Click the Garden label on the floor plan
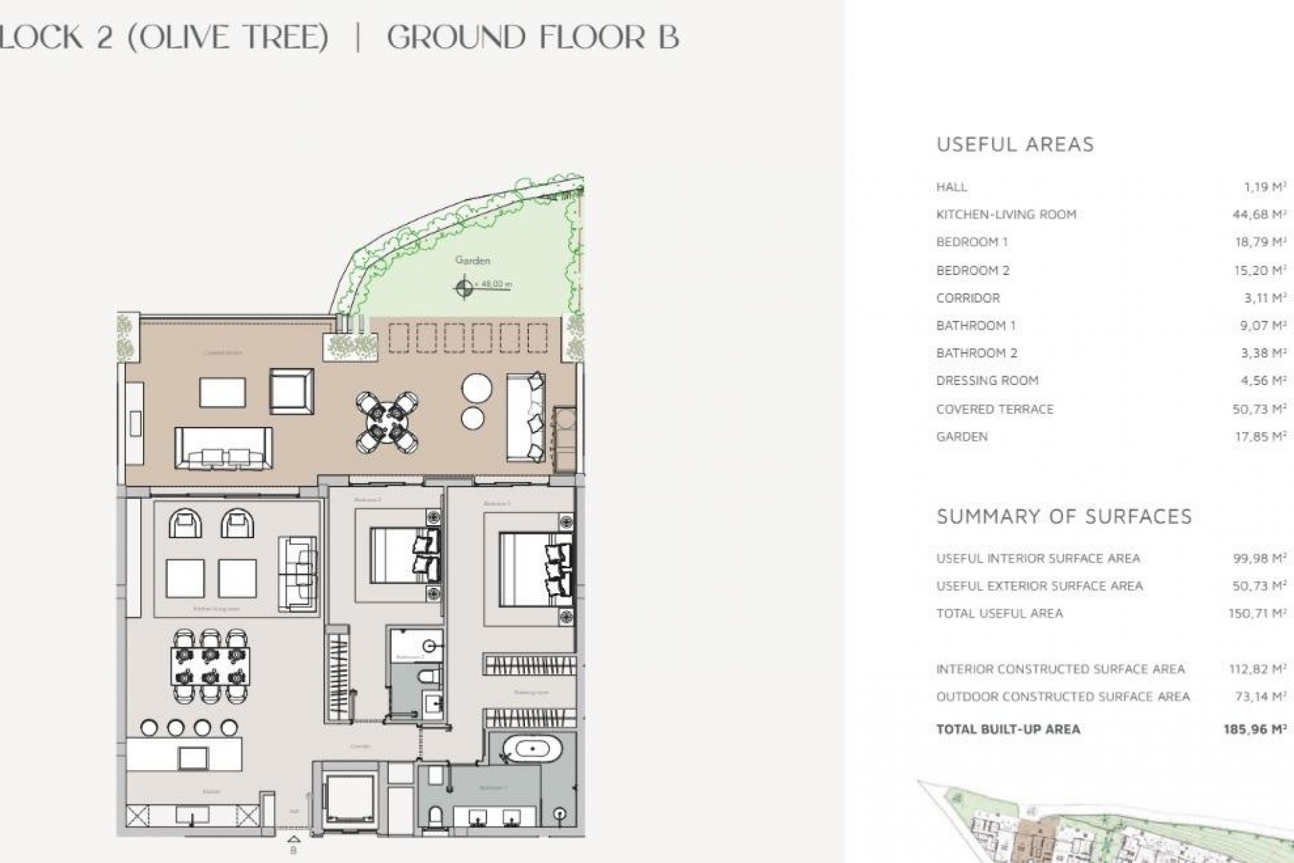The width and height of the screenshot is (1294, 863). (472, 260)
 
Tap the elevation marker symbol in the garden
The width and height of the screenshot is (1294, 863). (464, 288)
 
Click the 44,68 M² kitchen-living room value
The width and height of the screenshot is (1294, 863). (1258, 215)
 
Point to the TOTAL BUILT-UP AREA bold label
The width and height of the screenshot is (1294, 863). (1008, 729)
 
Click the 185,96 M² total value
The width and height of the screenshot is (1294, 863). (1258, 729)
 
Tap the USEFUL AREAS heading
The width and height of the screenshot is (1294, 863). (1015, 144)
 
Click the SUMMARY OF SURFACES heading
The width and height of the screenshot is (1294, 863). (1064, 516)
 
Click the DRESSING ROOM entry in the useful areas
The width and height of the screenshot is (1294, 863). (987, 381)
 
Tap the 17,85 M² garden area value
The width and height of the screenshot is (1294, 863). (1258, 437)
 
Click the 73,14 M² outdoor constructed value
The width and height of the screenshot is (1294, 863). (1258, 696)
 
